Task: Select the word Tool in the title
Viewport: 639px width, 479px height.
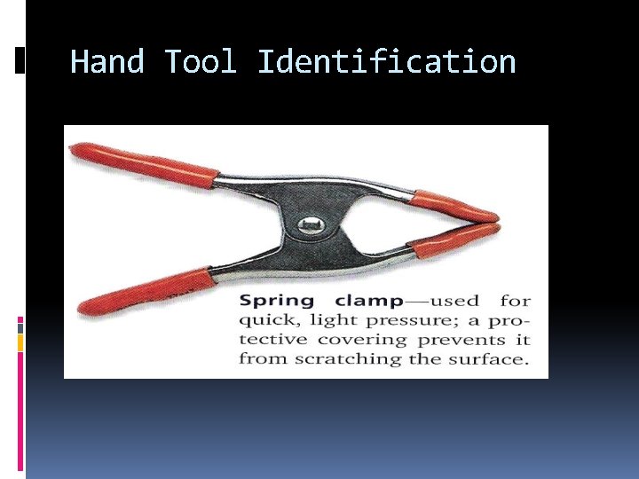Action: [x=201, y=62]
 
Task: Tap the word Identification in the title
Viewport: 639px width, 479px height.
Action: [x=386, y=62]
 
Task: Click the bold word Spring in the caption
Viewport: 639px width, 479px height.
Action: [x=277, y=302]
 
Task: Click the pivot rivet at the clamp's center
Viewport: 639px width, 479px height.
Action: [x=310, y=226]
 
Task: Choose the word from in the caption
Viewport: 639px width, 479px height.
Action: [x=258, y=359]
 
